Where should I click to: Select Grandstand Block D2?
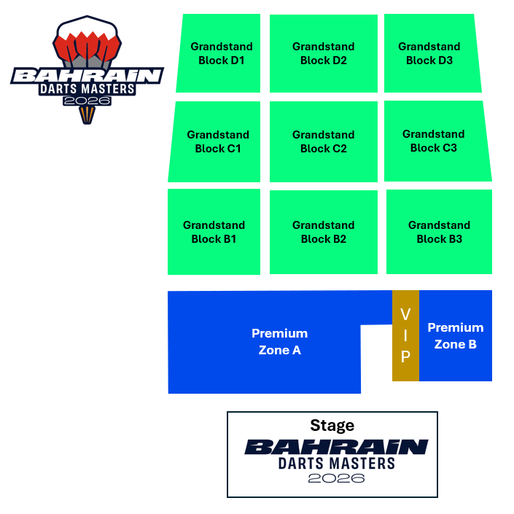323,53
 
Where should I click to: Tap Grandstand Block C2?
323,141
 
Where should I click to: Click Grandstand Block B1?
214,232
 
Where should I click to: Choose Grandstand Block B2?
323,232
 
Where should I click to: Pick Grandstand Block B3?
439,232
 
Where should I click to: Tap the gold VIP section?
405,335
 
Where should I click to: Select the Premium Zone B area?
456,335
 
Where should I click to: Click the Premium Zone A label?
279,341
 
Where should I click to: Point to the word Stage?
332,425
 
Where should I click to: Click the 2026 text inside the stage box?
336,479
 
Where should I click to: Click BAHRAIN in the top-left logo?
87,76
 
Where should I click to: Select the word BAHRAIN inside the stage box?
336,446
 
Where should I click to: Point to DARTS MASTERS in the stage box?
336,463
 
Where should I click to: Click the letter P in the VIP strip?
405,357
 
